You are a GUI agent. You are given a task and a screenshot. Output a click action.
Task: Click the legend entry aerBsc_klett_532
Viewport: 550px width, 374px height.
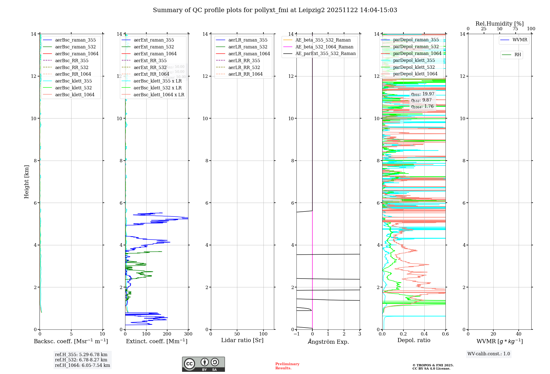73,88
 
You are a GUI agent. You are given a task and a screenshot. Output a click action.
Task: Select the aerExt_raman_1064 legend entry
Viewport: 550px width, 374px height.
155,54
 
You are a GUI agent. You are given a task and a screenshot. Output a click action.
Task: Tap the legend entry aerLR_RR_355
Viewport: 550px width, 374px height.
244,61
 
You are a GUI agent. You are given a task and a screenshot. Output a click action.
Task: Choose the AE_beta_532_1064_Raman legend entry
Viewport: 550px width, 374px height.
324,47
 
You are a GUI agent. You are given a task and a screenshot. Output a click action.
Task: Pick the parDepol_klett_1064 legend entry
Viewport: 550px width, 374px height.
415,74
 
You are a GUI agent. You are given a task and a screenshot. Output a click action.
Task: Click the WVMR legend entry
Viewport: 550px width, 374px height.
520,40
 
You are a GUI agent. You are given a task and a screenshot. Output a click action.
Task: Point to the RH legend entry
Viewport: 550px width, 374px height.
518,55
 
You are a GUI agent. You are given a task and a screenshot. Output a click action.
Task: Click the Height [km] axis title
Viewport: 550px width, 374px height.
26,182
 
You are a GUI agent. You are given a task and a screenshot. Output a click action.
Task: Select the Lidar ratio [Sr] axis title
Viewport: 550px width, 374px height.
242,340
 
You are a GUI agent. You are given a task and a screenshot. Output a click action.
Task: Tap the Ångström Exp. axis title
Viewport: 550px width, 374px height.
328,342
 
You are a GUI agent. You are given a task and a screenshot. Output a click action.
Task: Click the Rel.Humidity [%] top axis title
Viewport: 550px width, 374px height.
499,24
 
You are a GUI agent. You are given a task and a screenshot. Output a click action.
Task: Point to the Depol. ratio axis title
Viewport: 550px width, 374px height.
414,340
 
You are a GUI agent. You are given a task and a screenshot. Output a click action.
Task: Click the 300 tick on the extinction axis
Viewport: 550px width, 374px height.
188,334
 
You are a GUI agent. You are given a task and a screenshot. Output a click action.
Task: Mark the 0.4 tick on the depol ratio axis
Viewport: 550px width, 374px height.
424,334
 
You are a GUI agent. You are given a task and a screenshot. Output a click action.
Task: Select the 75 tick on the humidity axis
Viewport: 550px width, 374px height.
515,29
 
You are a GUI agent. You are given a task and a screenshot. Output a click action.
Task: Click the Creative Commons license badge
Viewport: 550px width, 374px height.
203,364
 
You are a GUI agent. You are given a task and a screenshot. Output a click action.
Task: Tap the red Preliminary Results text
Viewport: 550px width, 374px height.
287,366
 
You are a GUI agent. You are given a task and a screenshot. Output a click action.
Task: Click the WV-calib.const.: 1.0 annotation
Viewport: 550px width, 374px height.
489,354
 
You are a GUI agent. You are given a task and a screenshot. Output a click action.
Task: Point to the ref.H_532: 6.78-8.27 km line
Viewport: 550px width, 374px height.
81,360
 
